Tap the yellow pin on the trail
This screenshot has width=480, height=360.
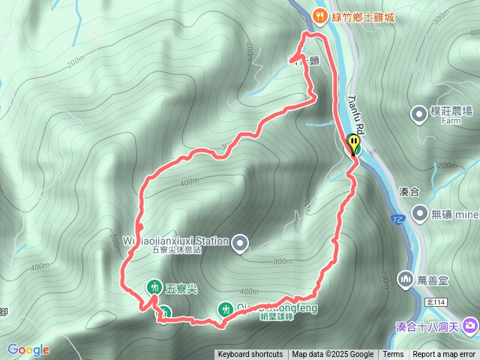click(353, 142)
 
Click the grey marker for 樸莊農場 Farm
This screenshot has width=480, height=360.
click(418, 115)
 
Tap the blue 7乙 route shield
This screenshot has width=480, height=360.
click(397, 219)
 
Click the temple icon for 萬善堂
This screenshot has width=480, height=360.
click(406, 280)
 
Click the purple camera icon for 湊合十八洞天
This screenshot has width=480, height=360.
click(470, 325)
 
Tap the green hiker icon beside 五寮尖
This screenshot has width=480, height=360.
click(154, 286)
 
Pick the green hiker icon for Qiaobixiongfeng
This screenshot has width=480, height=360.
click(226, 308)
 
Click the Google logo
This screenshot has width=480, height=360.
click(28, 349)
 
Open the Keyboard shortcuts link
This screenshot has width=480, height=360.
click(250, 355)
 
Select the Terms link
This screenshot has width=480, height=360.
click(393, 355)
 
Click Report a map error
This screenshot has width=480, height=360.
click(445, 355)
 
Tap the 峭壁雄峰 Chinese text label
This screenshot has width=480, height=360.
click(259, 316)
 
